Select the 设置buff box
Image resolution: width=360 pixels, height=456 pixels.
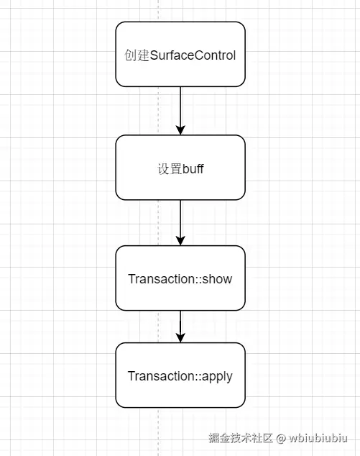click(180, 168)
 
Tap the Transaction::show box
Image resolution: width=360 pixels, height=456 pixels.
click(180, 278)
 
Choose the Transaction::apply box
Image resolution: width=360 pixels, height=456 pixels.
click(180, 375)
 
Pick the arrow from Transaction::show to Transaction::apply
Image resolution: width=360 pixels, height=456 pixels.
click(180, 325)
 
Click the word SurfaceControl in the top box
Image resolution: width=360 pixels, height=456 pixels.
click(193, 55)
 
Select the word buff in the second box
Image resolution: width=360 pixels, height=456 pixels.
click(192, 170)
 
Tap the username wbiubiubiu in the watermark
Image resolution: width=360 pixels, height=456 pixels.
click(319, 437)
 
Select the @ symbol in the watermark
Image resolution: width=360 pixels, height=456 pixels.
click(282, 437)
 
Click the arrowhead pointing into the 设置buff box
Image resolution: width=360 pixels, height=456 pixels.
click(180, 129)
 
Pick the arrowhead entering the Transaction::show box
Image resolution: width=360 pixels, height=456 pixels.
click(180, 240)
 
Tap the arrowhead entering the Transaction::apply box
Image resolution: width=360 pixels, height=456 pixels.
click(180, 337)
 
